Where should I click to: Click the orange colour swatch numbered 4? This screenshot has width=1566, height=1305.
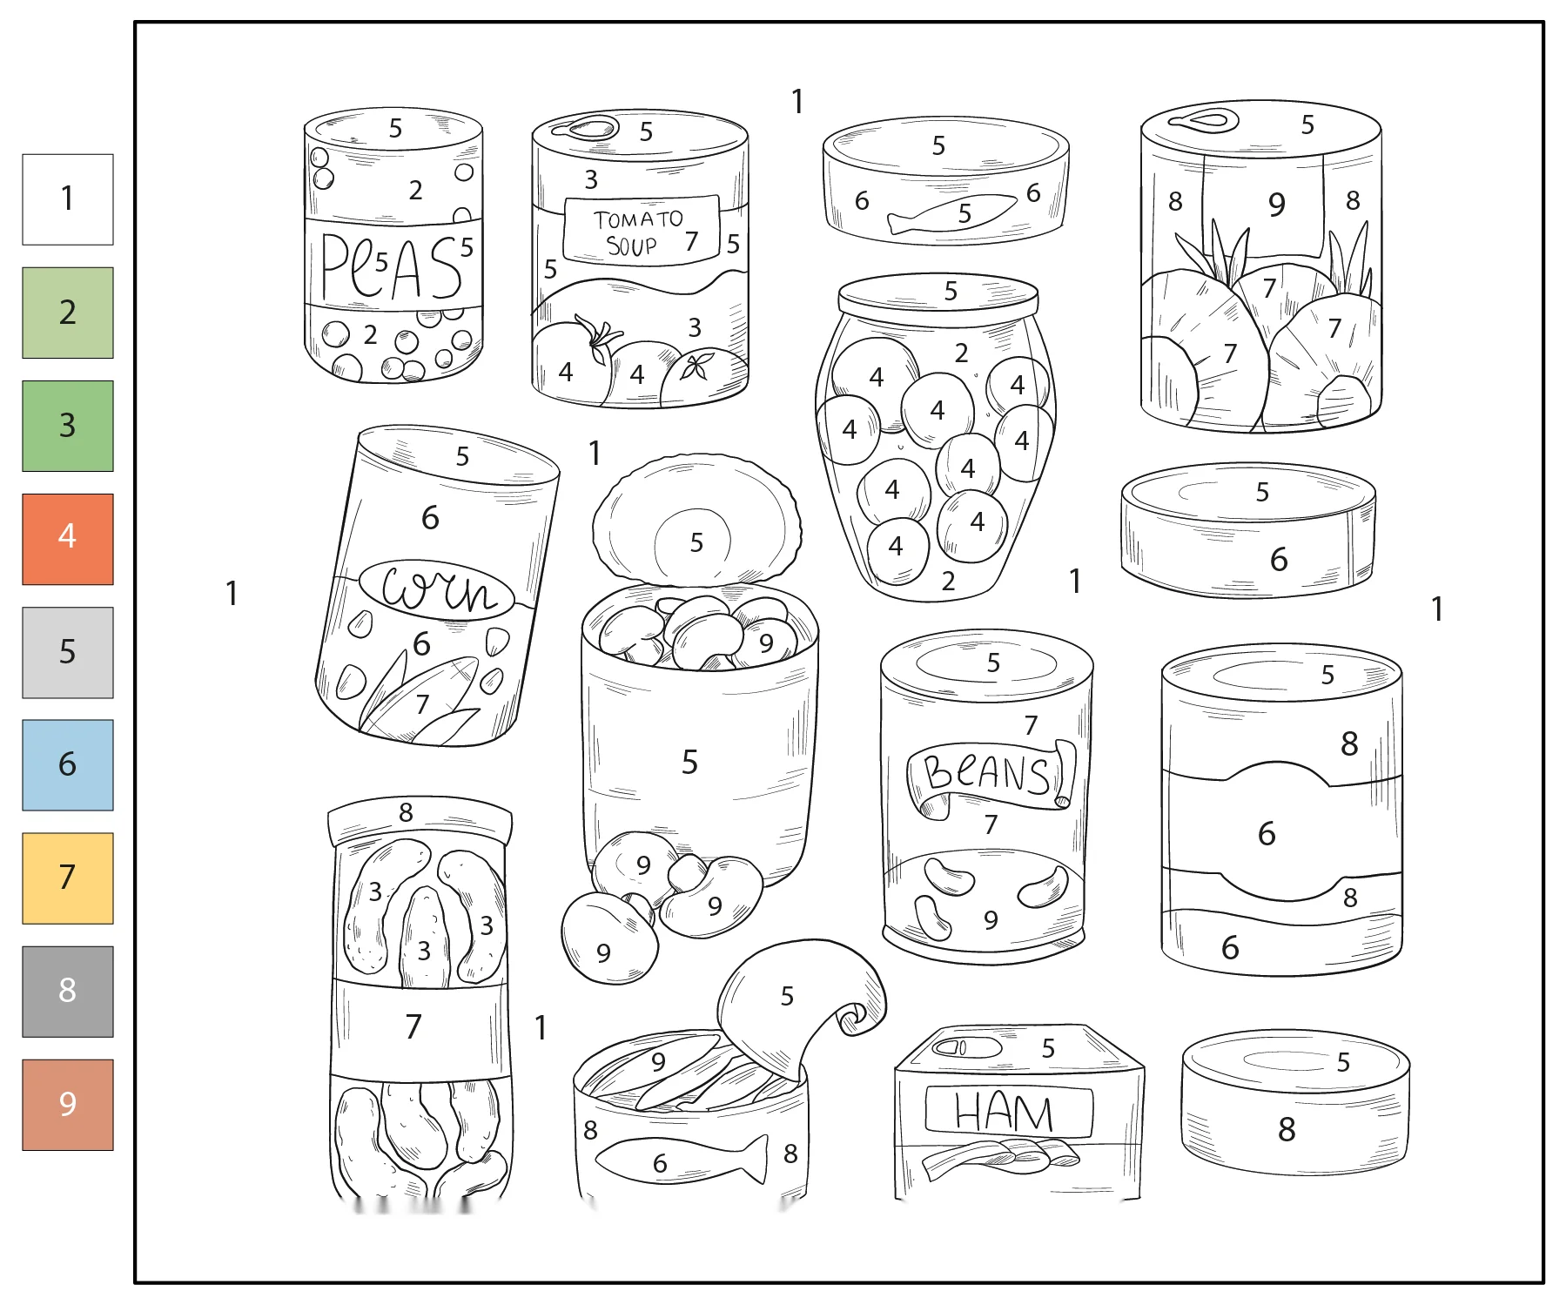tap(68, 539)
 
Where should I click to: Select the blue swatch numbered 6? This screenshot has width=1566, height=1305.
tap(68, 765)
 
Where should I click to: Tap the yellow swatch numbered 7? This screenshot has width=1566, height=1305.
tap(68, 878)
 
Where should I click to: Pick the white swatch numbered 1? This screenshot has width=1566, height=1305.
tap(68, 199)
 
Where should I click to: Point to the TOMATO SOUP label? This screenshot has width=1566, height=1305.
tap(642, 229)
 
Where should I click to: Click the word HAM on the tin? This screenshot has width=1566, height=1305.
tap(1005, 1112)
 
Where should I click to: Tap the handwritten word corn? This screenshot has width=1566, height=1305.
tap(439, 589)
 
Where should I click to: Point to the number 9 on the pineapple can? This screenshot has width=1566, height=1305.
tap(1276, 205)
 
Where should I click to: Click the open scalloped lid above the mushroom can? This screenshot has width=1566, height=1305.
tap(696, 519)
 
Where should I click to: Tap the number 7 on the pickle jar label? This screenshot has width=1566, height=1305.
tap(413, 1026)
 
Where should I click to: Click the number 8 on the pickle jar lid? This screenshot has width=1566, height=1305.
tap(406, 812)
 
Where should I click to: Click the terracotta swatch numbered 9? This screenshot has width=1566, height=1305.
tap(68, 1105)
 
